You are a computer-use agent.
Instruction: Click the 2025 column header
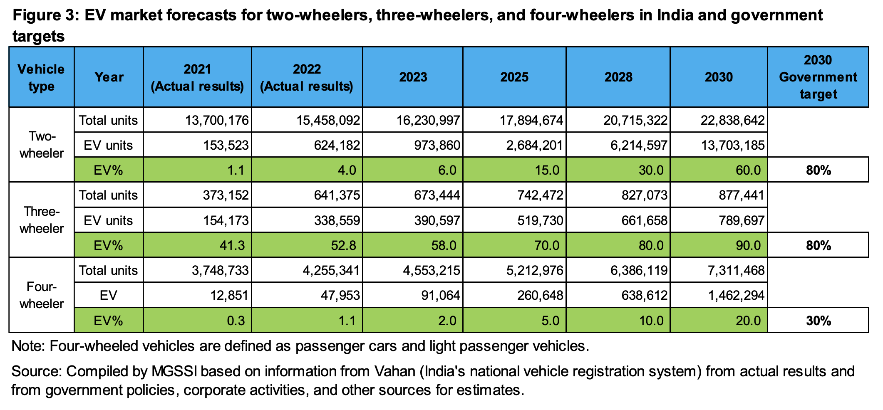(x=514, y=77)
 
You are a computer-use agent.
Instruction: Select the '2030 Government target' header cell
(x=818, y=77)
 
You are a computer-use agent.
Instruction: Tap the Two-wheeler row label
(x=42, y=145)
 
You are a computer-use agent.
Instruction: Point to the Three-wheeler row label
(x=42, y=220)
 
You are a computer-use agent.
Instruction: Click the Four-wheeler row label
(x=42, y=295)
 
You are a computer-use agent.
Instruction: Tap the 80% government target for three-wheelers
(x=818, y=245)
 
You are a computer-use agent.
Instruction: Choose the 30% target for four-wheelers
(x=818, y=321)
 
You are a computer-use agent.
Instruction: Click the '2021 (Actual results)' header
(x=197, y=77)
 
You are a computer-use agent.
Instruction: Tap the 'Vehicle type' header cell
(x=41, y=77)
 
